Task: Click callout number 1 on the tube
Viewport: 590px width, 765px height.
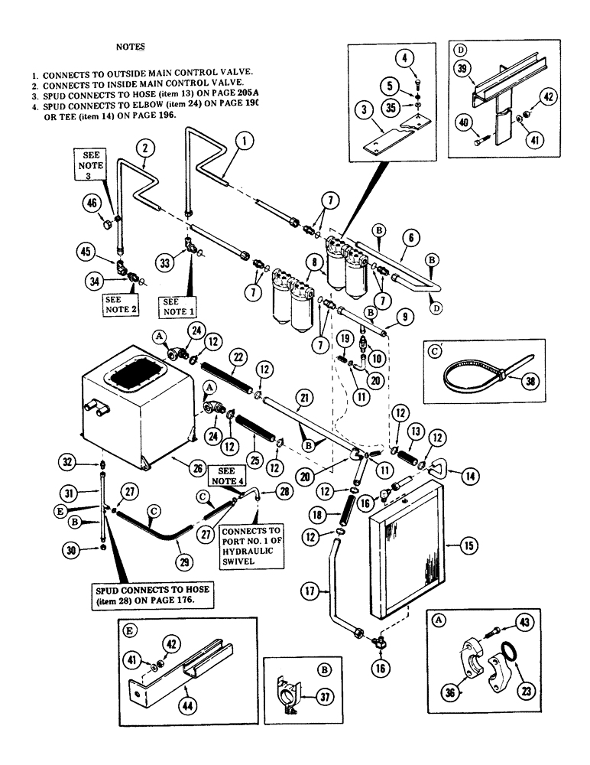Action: pos(244,140)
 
